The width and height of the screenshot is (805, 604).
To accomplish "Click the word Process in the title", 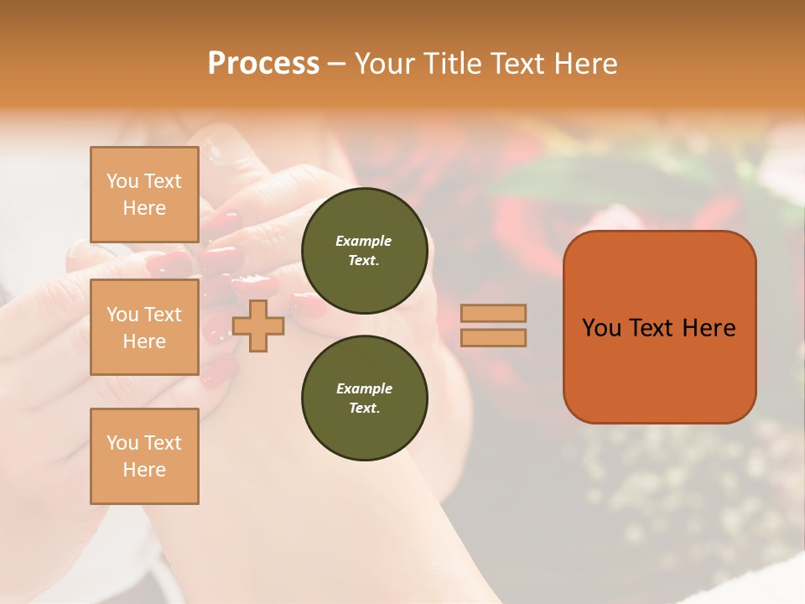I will [263, 63].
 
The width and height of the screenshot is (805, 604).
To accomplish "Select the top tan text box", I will [144, 195].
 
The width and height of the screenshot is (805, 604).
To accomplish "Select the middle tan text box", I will [144, 327].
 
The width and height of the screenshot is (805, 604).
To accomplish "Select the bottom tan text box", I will [144, 456].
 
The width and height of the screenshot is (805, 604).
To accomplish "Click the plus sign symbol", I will [257, 325].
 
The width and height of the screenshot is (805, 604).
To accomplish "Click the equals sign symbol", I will [493, 325].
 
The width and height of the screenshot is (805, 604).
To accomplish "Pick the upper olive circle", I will [364, 251].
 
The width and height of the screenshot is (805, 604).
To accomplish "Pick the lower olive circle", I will [364, 398].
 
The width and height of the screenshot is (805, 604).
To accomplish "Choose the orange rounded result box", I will [659, 327].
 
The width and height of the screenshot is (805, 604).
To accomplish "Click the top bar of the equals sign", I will [493, 314].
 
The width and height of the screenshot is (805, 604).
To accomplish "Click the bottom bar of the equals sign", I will [493, 337].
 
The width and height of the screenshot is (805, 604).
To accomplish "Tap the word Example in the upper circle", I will [363, 241].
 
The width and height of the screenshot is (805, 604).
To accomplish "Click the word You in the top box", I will [122, 181].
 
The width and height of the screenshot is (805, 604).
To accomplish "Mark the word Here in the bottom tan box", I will [144, 470].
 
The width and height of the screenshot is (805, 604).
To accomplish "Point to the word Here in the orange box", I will [709, 328].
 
